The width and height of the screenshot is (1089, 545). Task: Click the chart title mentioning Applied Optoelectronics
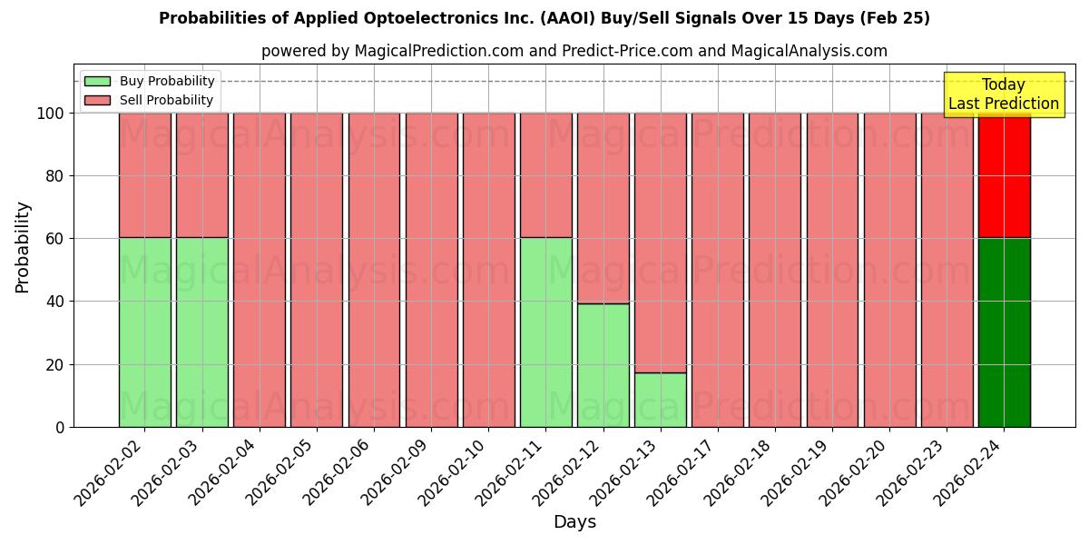point(544,18)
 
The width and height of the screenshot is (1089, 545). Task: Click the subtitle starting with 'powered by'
point(574,51)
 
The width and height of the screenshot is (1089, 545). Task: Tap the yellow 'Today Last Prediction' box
point(1003,94)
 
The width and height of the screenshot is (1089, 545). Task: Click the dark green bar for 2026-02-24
point(1004,332)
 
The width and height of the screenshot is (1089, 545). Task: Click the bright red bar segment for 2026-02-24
point(1004,175)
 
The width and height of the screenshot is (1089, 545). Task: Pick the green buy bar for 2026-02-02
point(144,332)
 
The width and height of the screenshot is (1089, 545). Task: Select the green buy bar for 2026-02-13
point(660,400)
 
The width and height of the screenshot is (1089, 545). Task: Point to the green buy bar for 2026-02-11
point(545,332)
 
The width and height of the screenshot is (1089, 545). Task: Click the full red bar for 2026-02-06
point(374,270)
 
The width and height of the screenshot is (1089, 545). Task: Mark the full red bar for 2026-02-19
point(832,270)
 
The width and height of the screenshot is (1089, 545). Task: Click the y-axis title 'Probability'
point(23,247)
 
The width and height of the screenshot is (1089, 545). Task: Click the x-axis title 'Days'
point(574,522)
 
